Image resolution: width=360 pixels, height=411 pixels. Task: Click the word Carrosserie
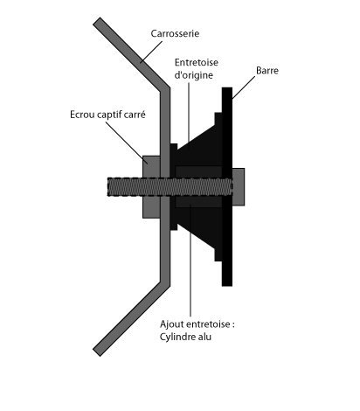click(x=175, y=33)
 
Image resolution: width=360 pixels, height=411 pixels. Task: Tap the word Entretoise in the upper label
click(x=197, y=62)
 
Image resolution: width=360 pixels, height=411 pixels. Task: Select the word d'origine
click(x=194, y=75)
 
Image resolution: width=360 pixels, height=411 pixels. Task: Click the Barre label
click(x=267, y=71)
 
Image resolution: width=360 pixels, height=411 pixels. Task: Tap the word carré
click(x=135, y=115)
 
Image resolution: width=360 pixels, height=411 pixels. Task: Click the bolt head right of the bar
click(x=239, y=187)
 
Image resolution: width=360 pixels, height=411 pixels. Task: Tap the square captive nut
click(x=151, y=187)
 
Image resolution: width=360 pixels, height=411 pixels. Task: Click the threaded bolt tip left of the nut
click(x=108, y=186)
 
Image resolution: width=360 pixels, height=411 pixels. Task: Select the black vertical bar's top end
click(x=227, y=87)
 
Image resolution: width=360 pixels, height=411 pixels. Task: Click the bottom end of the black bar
click(x=227, y=286)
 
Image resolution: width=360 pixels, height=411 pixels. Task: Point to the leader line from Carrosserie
click(x=151, y=52)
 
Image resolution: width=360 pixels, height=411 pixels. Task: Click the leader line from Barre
click(x=244, y=87)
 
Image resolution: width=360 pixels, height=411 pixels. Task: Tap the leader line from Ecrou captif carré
click(x=127, y=143)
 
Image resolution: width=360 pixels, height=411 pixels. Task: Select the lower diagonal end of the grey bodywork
click(x=97, y=352)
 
